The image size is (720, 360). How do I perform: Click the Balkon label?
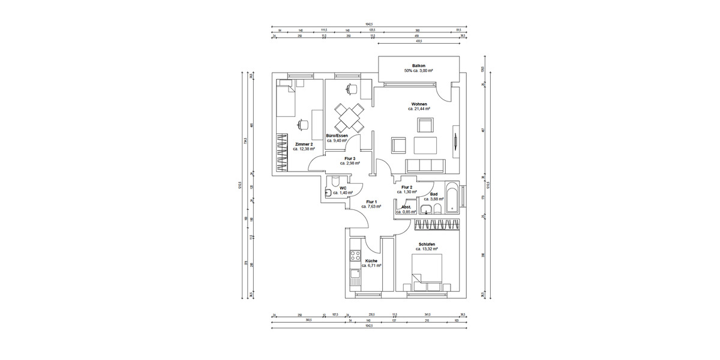click(419, 65)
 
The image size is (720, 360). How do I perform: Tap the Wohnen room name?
click(419, 104)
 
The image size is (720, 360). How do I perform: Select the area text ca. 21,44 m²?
click(419, 109)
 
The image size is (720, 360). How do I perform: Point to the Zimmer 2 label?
click(304, 144)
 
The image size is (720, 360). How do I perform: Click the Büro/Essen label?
click(337, 136)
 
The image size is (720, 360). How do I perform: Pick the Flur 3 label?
click(350, 158)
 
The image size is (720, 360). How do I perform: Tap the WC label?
click(343, 188)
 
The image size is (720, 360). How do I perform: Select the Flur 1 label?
click(371, 202)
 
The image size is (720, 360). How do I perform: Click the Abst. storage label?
click(406, 206)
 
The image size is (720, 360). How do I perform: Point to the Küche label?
click(371, 261)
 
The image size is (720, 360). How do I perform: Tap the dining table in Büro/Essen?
click(349, 117)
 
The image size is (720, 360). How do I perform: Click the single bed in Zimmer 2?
click(286, 100)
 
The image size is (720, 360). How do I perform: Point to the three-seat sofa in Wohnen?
click(425, 164)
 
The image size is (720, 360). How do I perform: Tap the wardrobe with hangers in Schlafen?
click(436, 224)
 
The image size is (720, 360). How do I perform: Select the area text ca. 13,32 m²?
click(427, 250)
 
